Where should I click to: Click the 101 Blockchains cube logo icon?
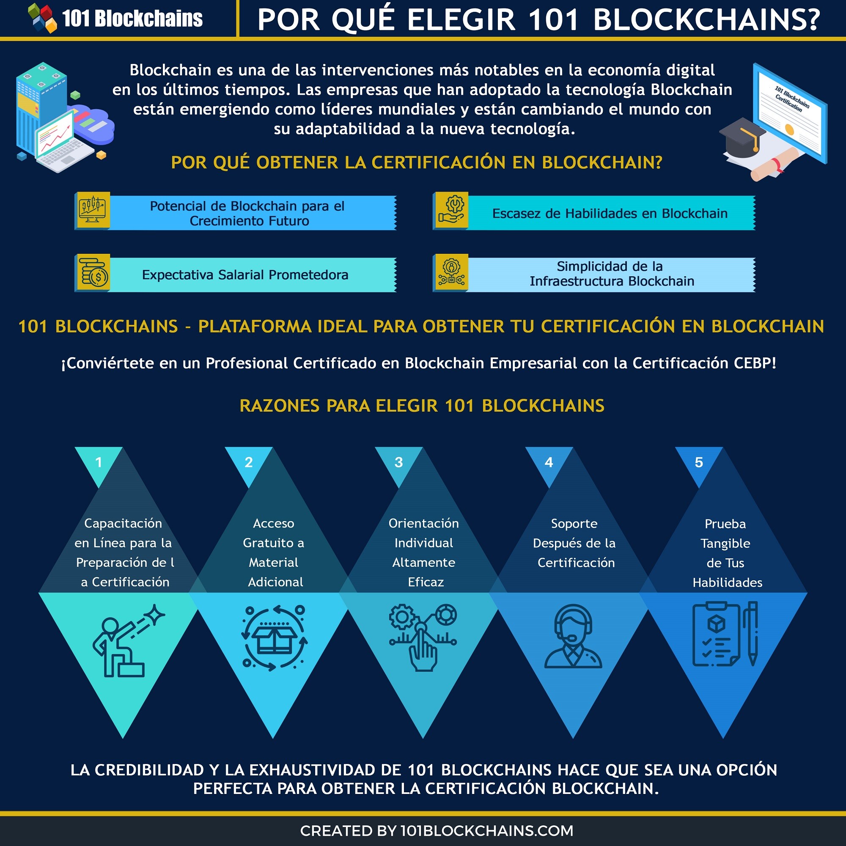pyautogui.click(x=42, y=18)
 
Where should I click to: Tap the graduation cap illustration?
pyautogui.click(x=743, y=137)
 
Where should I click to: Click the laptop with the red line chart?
pyautogui.click(x=63, y=141)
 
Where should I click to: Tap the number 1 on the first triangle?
pyautogui.click(x=99, y=462)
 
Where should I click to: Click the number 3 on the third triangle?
pyautogui.click(x=398, y=462)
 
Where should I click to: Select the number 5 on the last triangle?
pyautogui.click(x=699, y=462)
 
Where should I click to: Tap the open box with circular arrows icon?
pyautogui.click(x=274, y=637)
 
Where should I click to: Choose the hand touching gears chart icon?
pyautogui.click(x=423, y=637)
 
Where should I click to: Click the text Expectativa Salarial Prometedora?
pyautogui.click(x=245, y=275)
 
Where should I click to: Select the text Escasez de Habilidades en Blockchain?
pyautogui.click(x=610, y=213)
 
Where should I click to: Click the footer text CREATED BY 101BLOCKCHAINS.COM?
pyautogui.click(x=437, y=831)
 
